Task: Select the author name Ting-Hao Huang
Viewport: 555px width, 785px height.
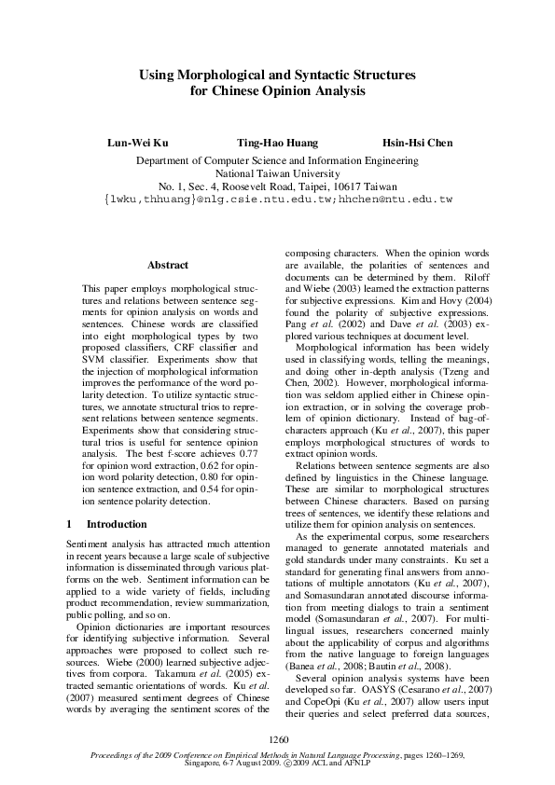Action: pos(277,143)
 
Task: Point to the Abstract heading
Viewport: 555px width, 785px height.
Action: pos(168,266)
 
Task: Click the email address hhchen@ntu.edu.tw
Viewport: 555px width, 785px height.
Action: pos(395,200)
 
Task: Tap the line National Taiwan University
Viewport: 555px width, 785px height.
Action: pos(277,173)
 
